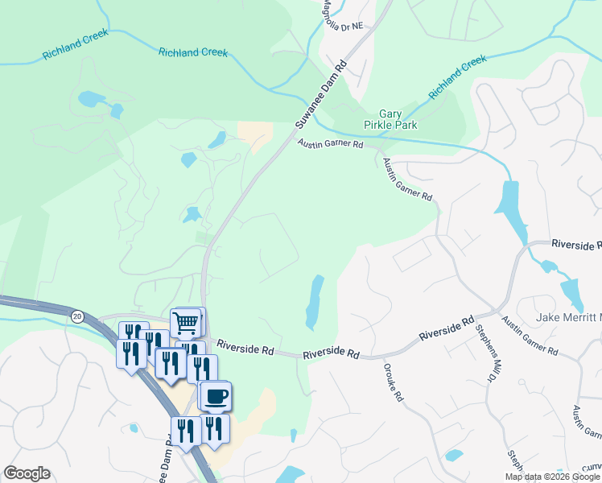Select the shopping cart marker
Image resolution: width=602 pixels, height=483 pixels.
point(186,324)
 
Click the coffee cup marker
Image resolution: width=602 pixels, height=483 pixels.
point(216,396)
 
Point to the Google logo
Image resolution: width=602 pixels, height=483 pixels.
point(27,473)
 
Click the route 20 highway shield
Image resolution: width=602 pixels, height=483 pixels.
point(77,316)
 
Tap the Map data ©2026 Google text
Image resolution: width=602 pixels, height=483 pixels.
point(552,477)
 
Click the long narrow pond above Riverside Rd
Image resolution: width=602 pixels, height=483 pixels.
point(314,303)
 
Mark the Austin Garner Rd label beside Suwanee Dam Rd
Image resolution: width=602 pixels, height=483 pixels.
point(330,144)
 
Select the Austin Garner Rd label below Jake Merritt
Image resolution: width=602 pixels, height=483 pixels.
point(530,336)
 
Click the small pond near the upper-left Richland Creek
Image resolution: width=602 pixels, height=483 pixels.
point(91,100)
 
